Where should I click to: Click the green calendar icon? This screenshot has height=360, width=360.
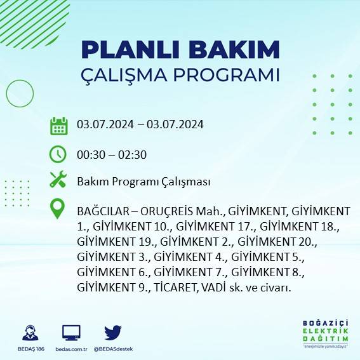click(x=58, y=126)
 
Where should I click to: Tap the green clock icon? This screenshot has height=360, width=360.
click(x=58, y=154)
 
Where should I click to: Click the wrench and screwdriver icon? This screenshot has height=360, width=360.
click(x=58, y=180)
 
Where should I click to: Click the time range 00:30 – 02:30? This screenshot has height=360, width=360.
click(x=112, y=154)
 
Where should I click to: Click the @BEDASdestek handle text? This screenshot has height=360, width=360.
click(x=113, y=350)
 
